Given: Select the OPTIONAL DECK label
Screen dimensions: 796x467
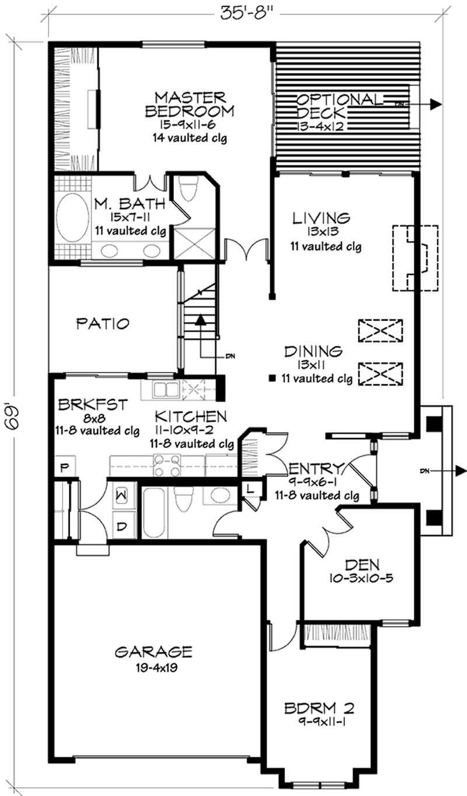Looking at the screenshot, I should [340, 106].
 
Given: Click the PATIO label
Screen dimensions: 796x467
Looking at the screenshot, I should [103, 323].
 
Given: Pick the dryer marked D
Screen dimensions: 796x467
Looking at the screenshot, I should [123, 526].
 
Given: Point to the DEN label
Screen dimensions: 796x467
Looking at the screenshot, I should [362, 565].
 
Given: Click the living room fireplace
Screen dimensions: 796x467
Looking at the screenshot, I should [415, 258].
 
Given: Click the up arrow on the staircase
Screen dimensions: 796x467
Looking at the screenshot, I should [200, 320].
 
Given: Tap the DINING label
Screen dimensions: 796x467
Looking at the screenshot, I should [313, 352].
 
